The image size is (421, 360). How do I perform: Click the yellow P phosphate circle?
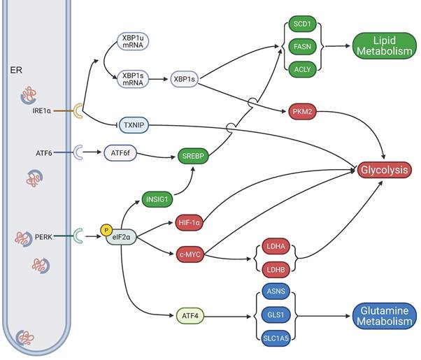[x=106, y=229]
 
